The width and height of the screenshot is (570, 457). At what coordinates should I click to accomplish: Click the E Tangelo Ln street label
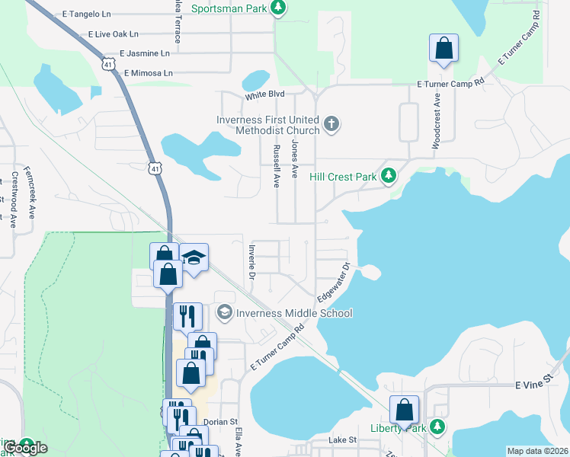click(x=87, y=15)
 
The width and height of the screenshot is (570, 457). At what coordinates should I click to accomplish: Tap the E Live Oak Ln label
click(x=114, y=34)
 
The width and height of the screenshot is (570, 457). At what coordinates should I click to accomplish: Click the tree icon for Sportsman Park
click(x=279, y=8)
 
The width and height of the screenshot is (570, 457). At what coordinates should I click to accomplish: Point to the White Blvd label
click(x=264, y=95)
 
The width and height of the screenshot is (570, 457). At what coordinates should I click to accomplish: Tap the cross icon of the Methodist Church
click(x=331, y=123)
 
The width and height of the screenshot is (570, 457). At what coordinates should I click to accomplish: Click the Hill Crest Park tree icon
click(x=389, y=176)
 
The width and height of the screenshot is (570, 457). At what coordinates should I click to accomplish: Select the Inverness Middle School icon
click(x=224, y=312)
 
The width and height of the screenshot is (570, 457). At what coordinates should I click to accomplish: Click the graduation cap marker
click(x=194, y=258)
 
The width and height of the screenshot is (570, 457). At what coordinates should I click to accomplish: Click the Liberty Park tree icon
click(x=437, y=427)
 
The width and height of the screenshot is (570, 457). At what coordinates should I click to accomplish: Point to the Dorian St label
click(x=220, y=421)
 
